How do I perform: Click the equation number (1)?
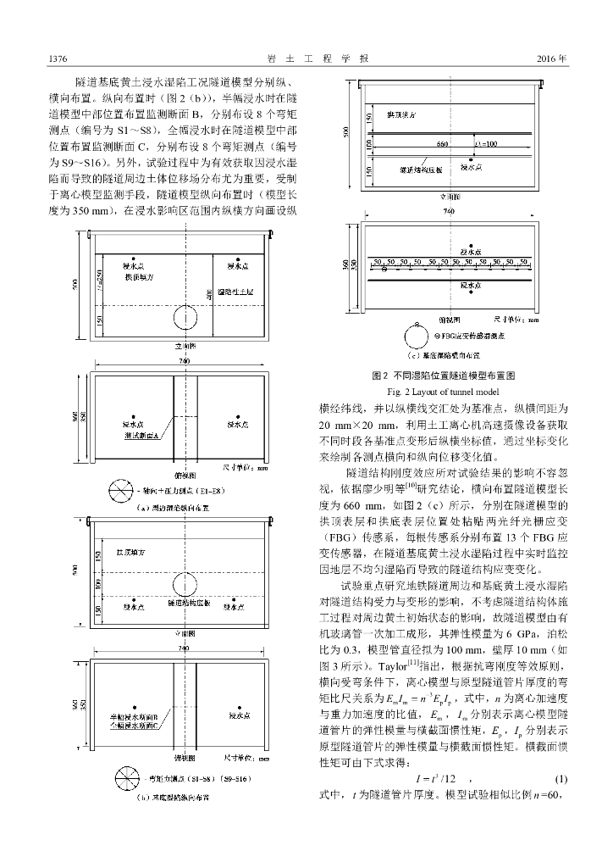tap(561, 801)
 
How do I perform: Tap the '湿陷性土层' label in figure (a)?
tap(237, 291)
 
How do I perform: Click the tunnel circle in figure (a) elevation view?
tap(185, 318)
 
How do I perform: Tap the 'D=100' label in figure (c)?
tap(486, 144)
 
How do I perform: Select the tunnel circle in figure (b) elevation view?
tap(185, 584)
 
